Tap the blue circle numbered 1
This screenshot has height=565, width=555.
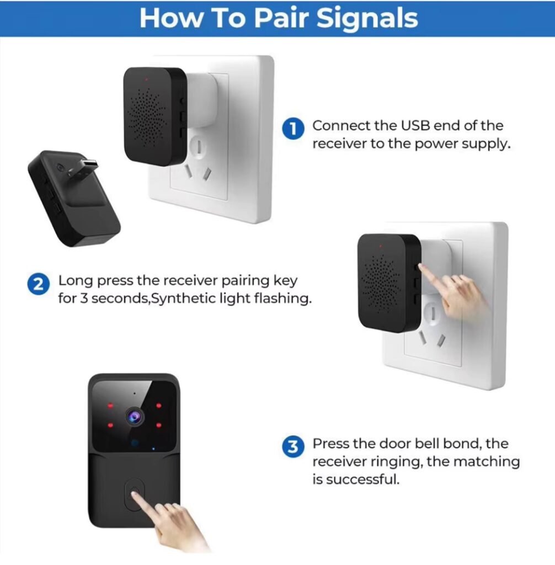pos(293,129)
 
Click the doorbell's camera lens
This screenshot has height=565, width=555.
pos(134,415)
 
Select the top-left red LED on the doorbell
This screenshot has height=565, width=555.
pos(110,406)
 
